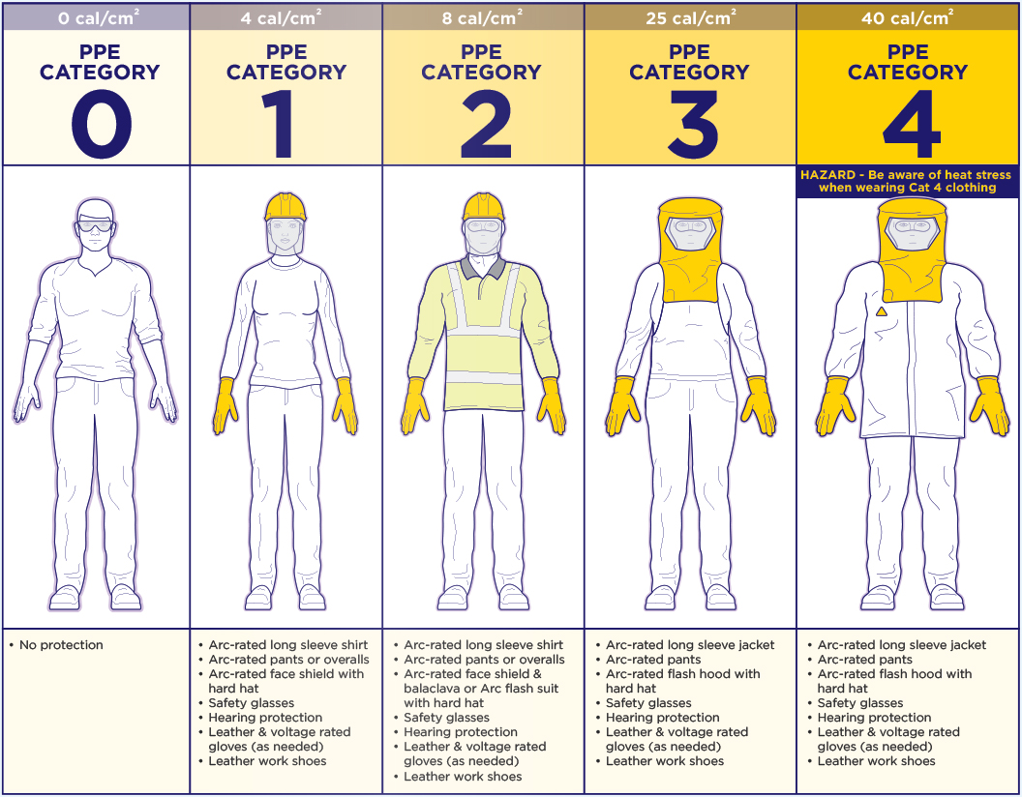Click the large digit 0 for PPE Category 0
(x=101, y=124)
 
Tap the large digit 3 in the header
(x=693, y=124)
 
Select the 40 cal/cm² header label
(x=907, y=17)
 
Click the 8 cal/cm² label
(x=482, y=17)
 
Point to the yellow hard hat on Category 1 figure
(x=286, y=207)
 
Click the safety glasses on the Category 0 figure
(x=95, y=226)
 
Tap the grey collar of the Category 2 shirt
(x=482, y=266)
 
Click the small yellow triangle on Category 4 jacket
(x=882, y=311)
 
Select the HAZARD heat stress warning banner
(x=907, y=181)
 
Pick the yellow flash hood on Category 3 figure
(x=690, y=251)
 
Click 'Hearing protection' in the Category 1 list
(x=265, y=718)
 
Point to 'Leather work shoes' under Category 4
(x=876, y=761)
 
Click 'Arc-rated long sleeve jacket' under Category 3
(x=690, y=645)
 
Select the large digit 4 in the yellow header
(x=912, y=124)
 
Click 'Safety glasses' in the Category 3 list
(x=648, y=703)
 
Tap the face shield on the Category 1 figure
(x=286, y=236)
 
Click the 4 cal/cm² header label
(x=281, y=17)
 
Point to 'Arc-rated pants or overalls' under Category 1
(x=288, y=660)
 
